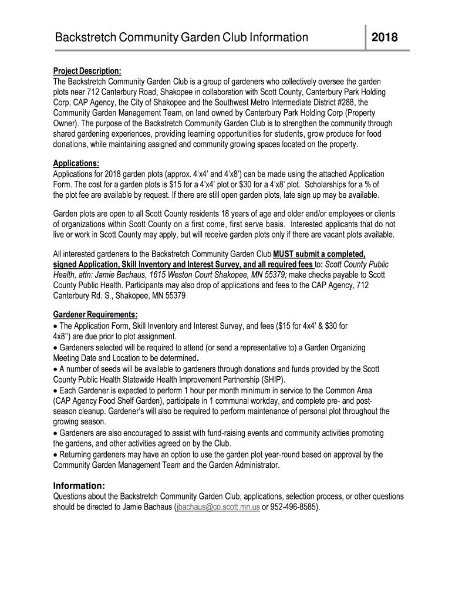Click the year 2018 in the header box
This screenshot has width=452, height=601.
384,39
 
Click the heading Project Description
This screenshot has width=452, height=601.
87,71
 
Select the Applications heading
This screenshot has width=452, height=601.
76,163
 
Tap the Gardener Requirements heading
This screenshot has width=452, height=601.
95,315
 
